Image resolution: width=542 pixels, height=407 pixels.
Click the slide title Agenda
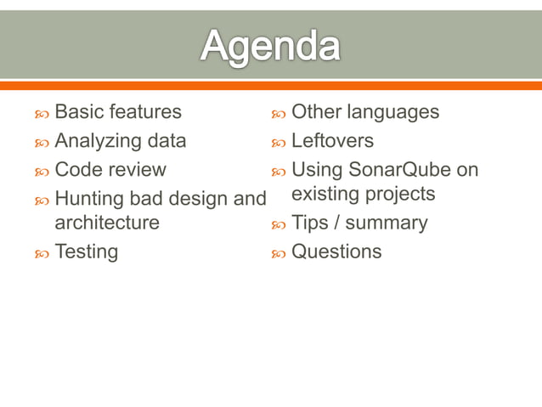pos(270,46)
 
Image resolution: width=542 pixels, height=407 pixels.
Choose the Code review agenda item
pos(110,169)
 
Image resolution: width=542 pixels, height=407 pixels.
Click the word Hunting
pos(89,199)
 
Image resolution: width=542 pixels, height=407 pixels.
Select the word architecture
pos(106,223)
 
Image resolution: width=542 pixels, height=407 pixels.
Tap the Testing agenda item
pos(86,252)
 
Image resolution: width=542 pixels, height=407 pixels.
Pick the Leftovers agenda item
pos(332,140)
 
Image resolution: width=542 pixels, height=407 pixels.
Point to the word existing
pos(324,194)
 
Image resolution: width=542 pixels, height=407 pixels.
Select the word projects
pos(399,195)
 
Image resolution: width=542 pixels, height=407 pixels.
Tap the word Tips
pos(310,223)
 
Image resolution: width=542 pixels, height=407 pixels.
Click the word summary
pos(387,223)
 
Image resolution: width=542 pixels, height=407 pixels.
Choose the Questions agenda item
pos(336,252)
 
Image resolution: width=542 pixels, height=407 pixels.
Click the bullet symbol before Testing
pos(42,253)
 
